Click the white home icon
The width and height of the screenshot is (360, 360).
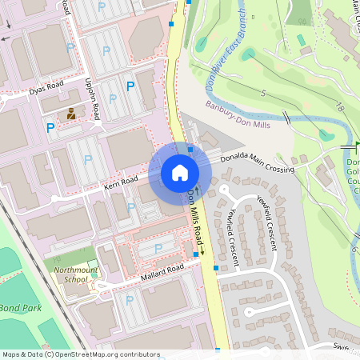click(x=180, y=172)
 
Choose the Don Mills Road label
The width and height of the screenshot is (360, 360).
click(x=195, y=215)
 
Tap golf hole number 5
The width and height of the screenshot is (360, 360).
click(x=262, y=94)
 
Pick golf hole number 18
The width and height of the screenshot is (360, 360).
click(x=340, y=106)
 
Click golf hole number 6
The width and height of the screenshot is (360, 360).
click(x=353, y=249)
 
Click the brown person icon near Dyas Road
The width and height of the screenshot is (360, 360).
click(x=72, y=113)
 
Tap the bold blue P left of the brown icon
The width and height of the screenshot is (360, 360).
click(x=50, y=127)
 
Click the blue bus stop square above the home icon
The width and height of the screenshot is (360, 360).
click(x=190, y=149)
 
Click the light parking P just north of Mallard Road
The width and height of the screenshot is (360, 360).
click(x=158, y=249)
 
